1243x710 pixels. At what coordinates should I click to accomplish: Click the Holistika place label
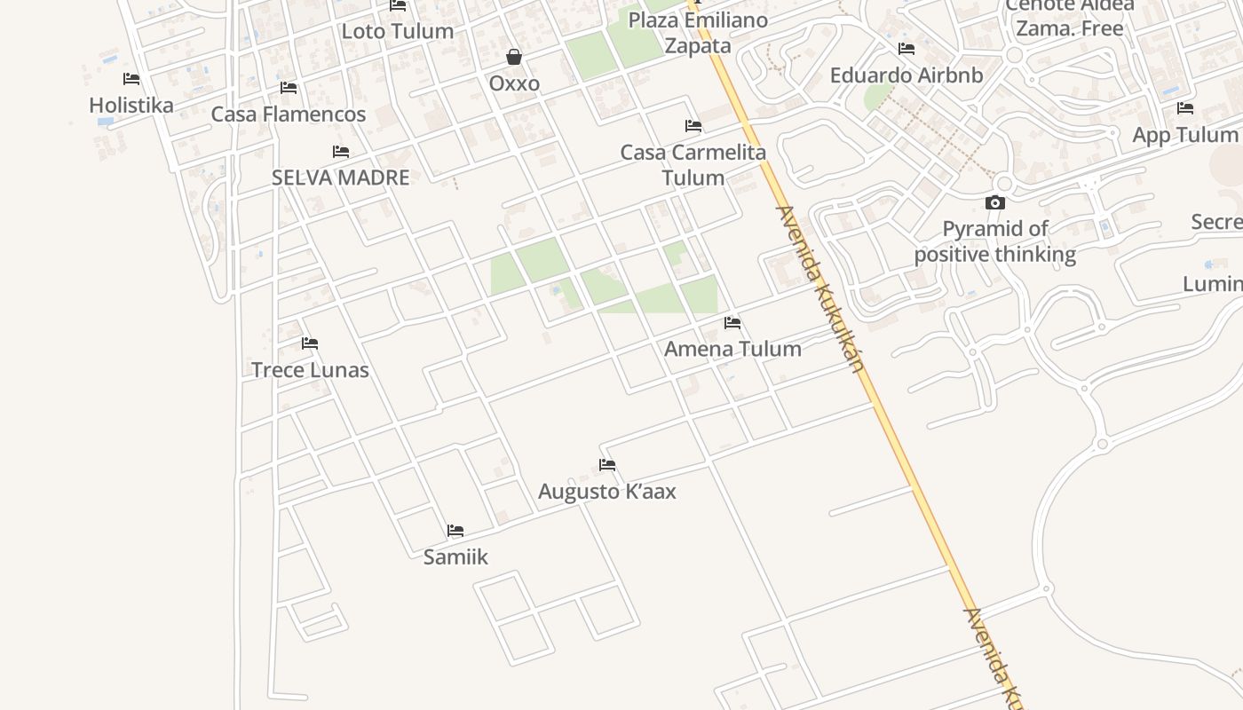click(131, 105)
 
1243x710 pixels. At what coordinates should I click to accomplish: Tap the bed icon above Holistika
click(131, 79)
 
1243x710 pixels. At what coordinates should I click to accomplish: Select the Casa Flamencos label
click(288, 114)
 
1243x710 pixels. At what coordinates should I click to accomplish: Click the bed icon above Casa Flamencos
click(288, 88)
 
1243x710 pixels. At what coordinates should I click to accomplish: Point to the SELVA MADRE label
click(340, 177)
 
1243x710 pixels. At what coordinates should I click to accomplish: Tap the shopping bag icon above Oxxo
click(514, 58)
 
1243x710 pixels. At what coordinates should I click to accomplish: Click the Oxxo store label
click(514, 83)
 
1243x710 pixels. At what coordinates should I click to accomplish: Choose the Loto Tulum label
click(397, 31)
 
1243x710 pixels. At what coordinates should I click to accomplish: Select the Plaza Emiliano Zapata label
click(698, 33)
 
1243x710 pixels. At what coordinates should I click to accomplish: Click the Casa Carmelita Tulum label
click(693, 165)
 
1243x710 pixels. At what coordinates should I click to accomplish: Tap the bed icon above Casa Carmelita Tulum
click(693, 126)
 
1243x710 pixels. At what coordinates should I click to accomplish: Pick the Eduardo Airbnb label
click(906, 75)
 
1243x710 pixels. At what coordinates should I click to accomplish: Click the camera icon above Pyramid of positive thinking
click(994, 202)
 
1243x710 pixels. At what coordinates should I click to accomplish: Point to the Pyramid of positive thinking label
click(994, 241)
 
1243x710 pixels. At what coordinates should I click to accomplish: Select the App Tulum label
click(1184, 135)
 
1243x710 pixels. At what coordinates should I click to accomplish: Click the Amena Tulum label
click(732, 349)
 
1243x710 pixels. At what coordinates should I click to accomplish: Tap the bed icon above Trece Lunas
click(309, 343)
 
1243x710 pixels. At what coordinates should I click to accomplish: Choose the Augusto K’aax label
click(606, 491)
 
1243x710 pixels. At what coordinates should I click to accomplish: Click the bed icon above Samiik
click(455, 531)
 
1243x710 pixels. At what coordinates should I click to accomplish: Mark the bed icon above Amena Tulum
click(732, 323)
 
